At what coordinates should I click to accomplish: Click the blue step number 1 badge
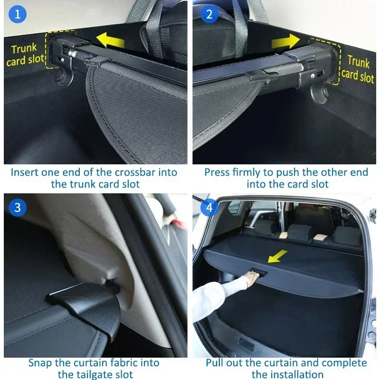pyautogui.click(x=18, y=14)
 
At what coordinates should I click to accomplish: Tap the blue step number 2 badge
pyautogui.click(x=209, y=14)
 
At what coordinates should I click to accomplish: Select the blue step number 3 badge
pyautogui.click(x=18, y=208)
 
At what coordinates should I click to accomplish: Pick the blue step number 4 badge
pyautogui.click(x=209, y=208)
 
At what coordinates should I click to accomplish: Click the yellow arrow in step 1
pyautogui.click(x=111, y=40)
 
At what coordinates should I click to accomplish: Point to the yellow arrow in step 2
pyautogui.click(x=286, y=41)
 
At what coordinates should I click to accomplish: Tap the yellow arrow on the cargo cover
pyautogui.click(x=277, y=256)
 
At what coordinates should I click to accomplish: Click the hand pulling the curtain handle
pyautogui.click(x=252, y=278)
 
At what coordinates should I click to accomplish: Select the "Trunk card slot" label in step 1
pyautogui.click(x=25, y=55)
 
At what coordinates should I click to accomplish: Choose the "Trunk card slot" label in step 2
pyautogui.click(x=358, y=69)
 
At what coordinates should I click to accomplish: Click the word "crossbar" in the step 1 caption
pyautogui.click(x=135, y=172)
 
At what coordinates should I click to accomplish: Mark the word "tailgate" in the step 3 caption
pyautogui.click(x=94, y=375)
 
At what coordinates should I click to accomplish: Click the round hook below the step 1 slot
pyautogui.click(x=64, y=77)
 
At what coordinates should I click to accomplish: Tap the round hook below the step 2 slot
pyautogui.click(x=319, y=94)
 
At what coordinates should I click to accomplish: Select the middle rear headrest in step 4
pyautogui.click(x=300, y=232)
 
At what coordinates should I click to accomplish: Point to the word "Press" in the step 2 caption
pyautogui.click(x=217, y=172)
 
